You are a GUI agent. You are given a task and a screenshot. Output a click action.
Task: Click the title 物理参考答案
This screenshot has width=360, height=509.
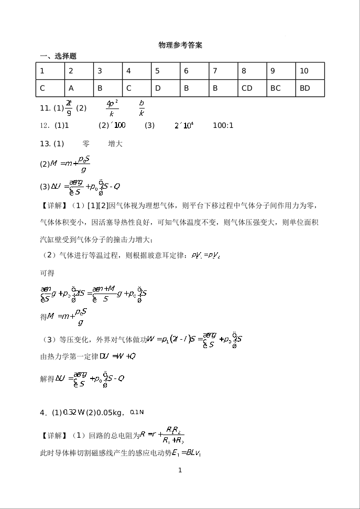click(180, 46)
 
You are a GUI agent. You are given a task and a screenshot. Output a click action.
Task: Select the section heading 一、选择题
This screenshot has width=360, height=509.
click(59, 56)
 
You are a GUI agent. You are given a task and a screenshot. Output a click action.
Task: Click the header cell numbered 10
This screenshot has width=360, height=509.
click(310, 71)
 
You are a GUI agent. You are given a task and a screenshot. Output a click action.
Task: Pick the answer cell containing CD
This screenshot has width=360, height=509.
click(252, 88)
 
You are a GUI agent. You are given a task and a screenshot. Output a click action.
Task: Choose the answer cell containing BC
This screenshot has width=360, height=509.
click(281, 88)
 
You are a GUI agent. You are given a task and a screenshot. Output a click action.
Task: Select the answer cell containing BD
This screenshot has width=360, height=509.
click(310, 88)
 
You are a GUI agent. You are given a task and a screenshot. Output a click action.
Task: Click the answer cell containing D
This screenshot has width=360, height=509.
click(165, 88)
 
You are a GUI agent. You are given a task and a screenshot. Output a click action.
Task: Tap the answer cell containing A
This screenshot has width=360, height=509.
click(79, 88)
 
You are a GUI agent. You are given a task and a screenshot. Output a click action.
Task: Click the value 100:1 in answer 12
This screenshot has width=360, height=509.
click(223, 126)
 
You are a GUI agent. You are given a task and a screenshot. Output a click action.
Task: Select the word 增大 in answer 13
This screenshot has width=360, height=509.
click(115, 144)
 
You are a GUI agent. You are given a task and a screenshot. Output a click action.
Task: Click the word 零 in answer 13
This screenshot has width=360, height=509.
click(86, 144)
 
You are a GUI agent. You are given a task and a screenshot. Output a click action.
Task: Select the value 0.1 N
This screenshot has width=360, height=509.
click(136, 413)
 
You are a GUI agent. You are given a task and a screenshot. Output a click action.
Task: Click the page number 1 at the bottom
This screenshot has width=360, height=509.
click(180, 470)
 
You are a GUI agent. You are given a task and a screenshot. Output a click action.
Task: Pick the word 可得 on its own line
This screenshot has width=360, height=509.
click(47, 273)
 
